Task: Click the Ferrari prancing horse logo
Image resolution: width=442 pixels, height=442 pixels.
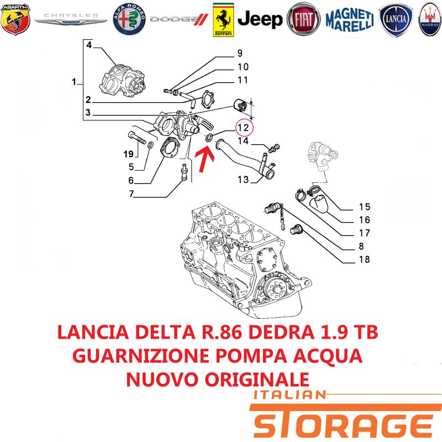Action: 223,20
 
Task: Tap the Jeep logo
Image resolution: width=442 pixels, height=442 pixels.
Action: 260,19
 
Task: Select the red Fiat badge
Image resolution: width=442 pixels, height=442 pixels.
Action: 303,19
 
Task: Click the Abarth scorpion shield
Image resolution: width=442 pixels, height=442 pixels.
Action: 15,19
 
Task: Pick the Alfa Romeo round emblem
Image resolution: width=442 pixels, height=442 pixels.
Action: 129,19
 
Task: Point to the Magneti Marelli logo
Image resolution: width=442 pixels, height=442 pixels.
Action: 350,19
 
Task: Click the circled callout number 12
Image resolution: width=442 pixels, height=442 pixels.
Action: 243,128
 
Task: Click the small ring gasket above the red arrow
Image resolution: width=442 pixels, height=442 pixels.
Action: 209,138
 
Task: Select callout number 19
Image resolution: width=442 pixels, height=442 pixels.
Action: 128,154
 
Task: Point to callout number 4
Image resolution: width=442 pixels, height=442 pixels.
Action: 89,45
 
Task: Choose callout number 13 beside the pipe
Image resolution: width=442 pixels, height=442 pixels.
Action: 243,180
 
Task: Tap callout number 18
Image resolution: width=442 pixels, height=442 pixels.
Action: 365,259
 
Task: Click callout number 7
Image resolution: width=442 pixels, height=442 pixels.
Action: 131,194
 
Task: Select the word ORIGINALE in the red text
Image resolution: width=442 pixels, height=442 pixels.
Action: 257,380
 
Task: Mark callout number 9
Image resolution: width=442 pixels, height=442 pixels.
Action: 240,53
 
